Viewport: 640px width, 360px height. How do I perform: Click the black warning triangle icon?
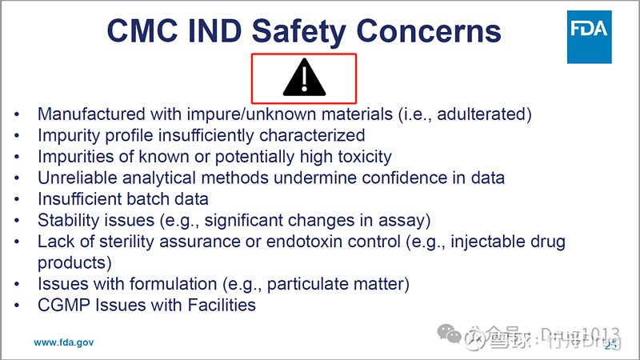(x=304, y=78)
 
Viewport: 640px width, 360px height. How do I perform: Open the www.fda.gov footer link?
(x=63, y=342)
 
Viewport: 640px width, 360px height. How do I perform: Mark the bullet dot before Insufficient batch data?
(x=17, y=199)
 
